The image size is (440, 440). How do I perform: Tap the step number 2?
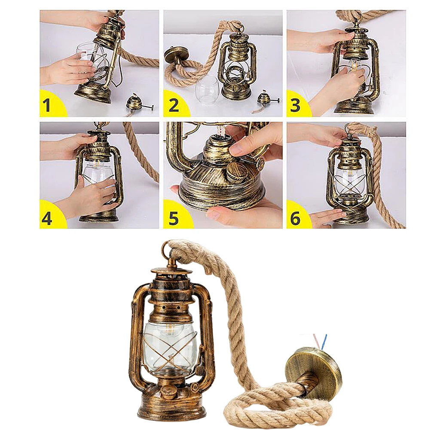(174, 104)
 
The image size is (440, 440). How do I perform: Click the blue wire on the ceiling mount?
(324, 342)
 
